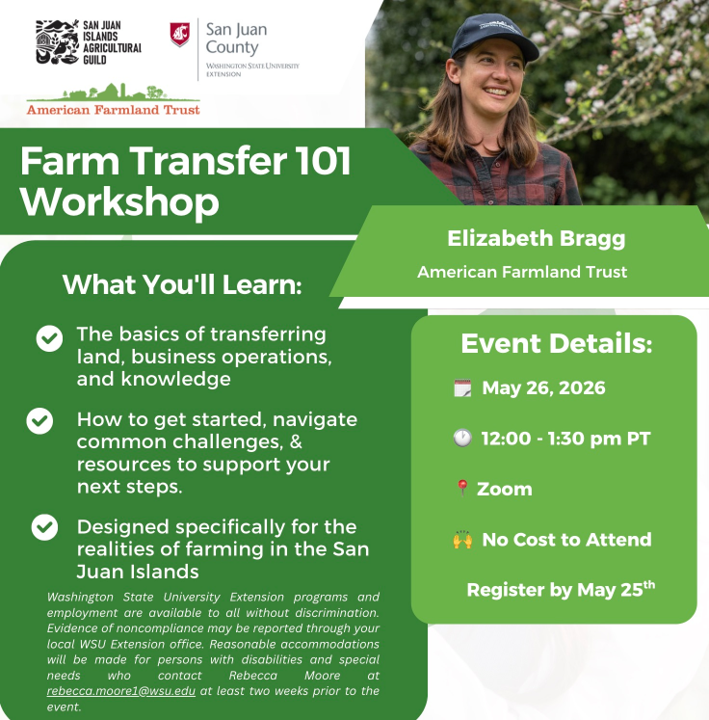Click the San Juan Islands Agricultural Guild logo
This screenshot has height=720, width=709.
point(89,41)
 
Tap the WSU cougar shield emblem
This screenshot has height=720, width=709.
point(179,35)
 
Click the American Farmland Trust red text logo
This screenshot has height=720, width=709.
point(114,110)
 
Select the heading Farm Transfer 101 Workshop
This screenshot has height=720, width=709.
point(185,181)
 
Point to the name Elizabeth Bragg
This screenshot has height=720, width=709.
point(536,239)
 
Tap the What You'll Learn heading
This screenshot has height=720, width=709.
point(182,284)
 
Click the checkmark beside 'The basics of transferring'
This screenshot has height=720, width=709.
point(49,338)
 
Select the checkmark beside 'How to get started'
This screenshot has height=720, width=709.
point(39,420)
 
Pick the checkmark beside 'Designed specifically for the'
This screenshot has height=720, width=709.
point(44,527)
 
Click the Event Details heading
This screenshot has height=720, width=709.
point(556,343)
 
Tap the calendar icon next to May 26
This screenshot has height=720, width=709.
point(462,388)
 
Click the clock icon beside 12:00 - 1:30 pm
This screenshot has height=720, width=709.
point(462,438)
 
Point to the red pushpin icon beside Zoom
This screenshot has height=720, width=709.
point(462,488)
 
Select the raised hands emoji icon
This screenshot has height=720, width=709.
point(462,540)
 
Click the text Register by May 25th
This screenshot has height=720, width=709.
point(561,589)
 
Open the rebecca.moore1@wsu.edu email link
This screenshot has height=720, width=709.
point(121,691)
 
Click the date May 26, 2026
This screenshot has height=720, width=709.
point(544,388)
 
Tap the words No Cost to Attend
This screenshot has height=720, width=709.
point(566,540)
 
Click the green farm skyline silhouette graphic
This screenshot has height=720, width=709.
point(114,93)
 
